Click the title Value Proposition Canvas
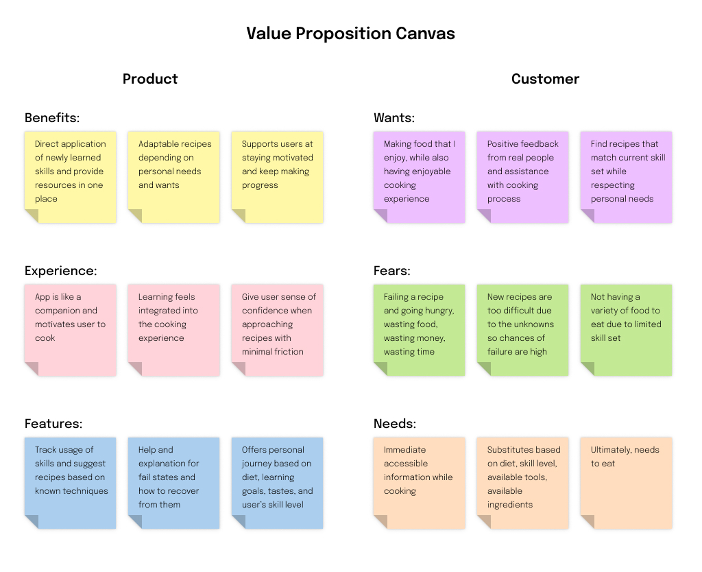(350, 34)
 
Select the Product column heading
(150, 79)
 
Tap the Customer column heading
(545, 79)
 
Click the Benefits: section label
(52, 117)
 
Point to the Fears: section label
(391, 270)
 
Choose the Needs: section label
(395, 424)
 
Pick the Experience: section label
(60, 271)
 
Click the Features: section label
(53, 424)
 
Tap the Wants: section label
(394, 117)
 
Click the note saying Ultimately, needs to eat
(626, 483)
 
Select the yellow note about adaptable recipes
(173, 177)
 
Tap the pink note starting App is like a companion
(71, 330)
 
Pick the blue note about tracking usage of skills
(71, 483)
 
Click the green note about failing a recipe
(419, 330)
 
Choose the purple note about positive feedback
(522, 177)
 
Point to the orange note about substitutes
(522, 483)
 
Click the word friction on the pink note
(289, 352)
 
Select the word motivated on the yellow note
(293, 158)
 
